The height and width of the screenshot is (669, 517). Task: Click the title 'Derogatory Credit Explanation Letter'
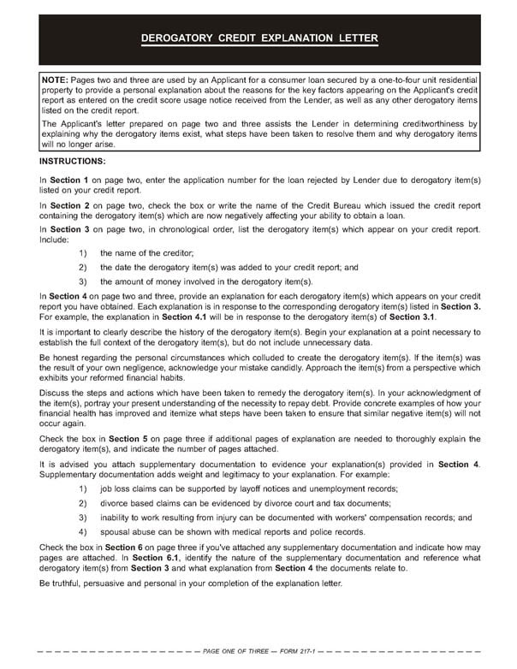point(258,39)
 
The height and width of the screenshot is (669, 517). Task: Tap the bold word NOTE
point(56,79)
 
